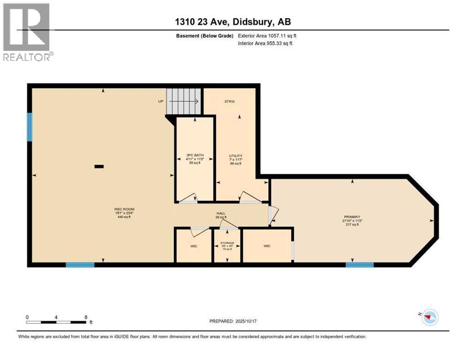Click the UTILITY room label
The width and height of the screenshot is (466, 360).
click(235, 156)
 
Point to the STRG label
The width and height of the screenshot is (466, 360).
click(229, 101)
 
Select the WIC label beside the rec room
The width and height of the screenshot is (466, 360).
click(194, 246)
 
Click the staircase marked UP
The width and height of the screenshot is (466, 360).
click(183, 101)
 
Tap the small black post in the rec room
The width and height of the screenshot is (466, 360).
click(99, 166)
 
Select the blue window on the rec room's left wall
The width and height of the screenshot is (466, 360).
click(30, 127)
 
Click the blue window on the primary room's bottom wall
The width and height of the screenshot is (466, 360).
click(360, 265)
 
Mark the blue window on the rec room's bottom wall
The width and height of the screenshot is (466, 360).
click(80, 265)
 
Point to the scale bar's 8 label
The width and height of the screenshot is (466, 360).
click(86, 317)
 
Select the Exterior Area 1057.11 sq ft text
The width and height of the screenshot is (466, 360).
click(267, 36)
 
